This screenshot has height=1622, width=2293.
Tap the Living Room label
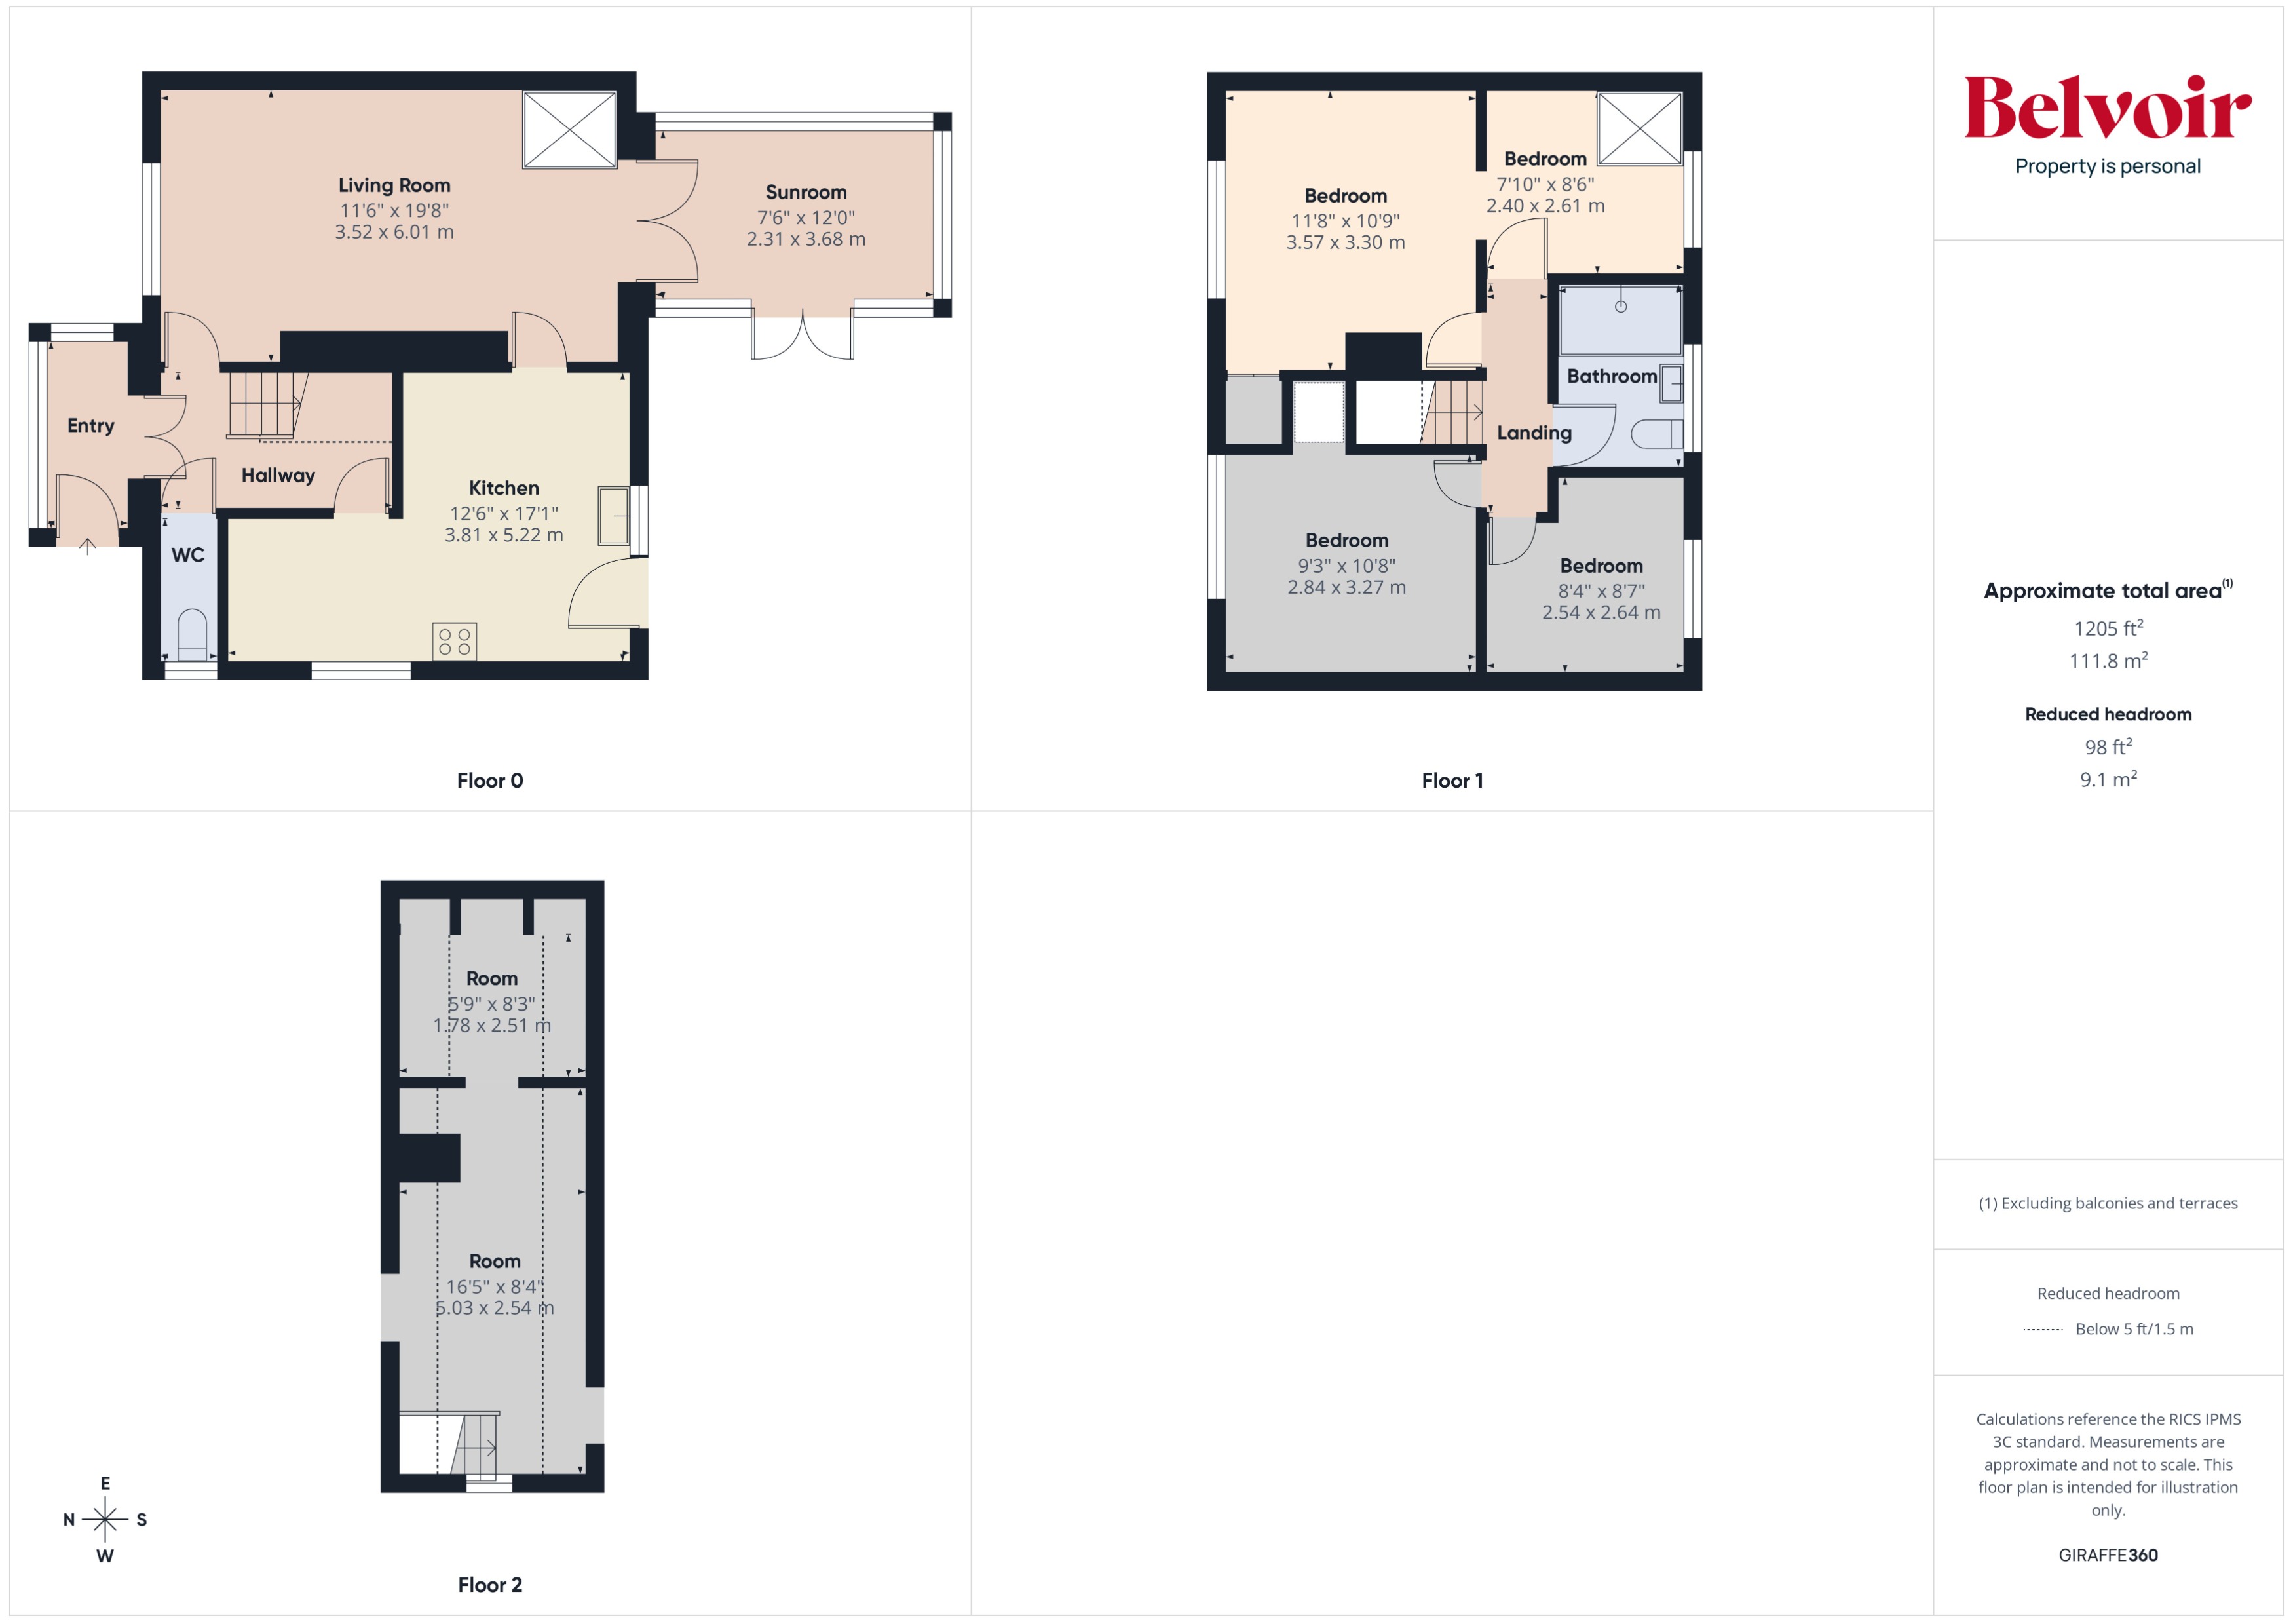394,185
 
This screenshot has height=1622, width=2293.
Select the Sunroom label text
805,193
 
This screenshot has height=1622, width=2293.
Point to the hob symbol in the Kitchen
455,641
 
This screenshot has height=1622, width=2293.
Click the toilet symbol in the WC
192,635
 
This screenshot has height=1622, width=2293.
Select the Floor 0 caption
489,781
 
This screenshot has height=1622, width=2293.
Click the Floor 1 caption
1452,781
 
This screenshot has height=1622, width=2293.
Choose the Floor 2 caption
489,1585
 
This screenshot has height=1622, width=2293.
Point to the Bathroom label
1611,377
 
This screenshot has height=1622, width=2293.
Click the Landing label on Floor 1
1533,433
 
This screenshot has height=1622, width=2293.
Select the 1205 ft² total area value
2107,628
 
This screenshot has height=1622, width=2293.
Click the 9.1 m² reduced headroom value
2107,780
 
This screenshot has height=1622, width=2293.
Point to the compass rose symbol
105,1519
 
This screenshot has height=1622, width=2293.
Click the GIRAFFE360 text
2107,1555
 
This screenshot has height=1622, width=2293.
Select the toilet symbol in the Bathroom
1656,434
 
